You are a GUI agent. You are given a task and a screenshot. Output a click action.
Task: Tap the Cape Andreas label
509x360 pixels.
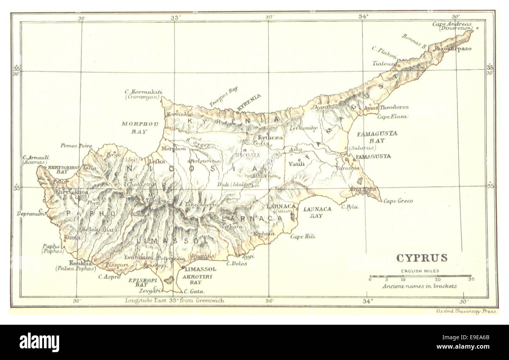click(451, 24)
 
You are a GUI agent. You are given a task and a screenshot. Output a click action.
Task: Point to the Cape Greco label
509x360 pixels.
click(398, 201)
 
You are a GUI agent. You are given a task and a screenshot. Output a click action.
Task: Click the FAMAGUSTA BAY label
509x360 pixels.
click(372, 137)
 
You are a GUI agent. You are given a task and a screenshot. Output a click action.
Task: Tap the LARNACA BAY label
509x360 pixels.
click(317, 212)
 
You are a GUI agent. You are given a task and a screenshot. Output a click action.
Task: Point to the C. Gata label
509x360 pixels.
click(194, 291)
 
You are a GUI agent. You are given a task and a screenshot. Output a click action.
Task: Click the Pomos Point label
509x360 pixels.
click(76, 146)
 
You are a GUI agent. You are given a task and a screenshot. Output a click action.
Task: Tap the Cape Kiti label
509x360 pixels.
click(303, 236)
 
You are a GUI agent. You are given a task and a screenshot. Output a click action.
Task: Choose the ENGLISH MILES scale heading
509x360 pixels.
click(420, 271)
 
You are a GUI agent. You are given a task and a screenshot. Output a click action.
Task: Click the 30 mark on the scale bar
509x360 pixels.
click(471, 279)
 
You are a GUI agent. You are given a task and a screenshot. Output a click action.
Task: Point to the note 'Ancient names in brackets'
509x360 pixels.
click(420, 286)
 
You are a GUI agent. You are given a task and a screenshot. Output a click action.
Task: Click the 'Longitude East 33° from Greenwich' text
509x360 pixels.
click(174, 301)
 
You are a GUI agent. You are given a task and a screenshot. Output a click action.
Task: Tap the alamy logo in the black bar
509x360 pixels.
click(39, 342)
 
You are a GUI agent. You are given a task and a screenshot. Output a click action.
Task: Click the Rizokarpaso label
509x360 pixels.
click(450, 49)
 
